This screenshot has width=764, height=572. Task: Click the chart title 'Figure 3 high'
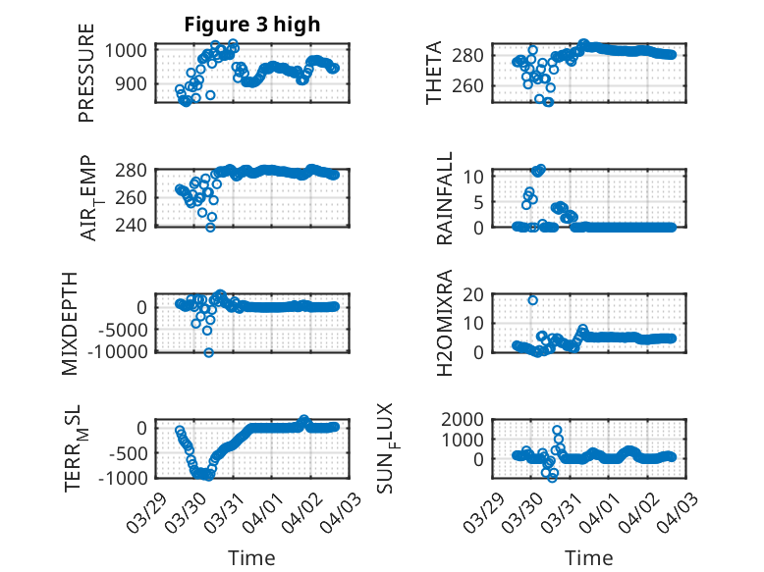click(252, 25)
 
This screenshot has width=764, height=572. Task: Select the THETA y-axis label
click(434, 74)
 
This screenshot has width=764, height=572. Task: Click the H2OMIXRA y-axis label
click(446, 322)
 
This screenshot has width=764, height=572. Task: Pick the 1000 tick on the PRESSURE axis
click(130, 50)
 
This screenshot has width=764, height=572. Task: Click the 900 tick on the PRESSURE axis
click(135, 84)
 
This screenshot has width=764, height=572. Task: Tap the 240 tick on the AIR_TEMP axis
click(135, 226)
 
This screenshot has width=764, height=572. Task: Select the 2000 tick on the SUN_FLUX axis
click(466, 420)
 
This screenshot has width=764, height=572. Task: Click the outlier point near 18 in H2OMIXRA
click(533, 300)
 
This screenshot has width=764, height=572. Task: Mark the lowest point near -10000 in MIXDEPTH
click(209, 352)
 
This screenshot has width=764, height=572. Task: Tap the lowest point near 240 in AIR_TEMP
click(210, 228)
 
